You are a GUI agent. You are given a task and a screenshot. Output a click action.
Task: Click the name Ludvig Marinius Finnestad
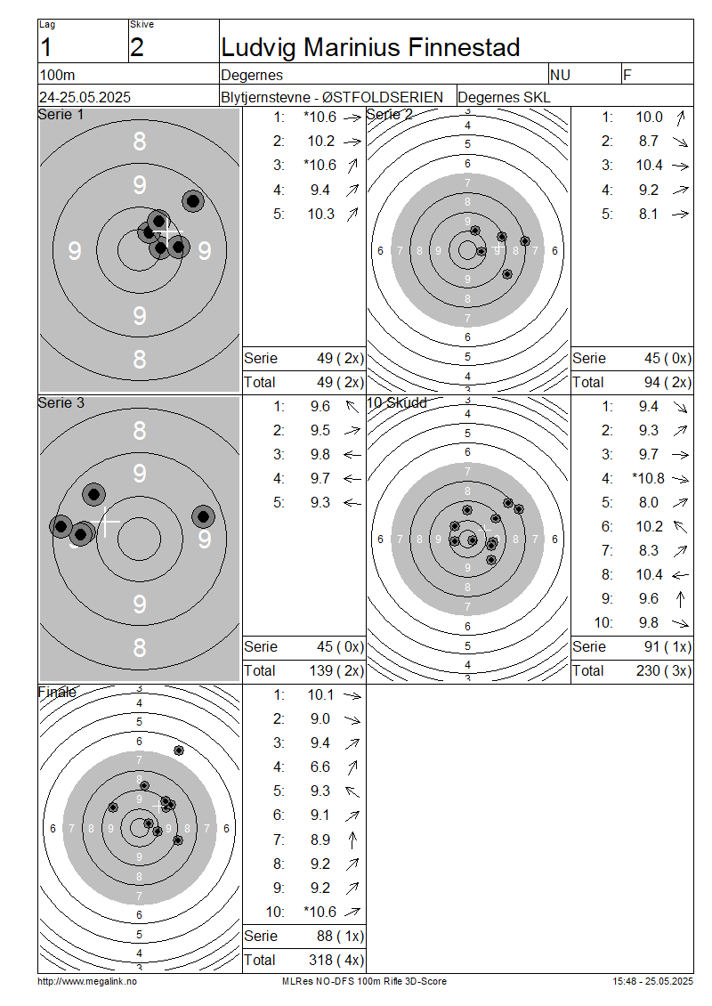[x=370, y=47]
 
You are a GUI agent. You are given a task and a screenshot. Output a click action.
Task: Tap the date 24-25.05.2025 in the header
[x=85, y=97]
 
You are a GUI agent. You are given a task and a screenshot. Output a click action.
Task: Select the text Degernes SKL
[x=504, y=97]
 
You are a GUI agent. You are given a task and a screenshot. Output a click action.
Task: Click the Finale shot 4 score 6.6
[x=320, y=767]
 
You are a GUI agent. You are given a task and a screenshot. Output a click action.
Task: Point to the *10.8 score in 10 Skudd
[x=648, y=478]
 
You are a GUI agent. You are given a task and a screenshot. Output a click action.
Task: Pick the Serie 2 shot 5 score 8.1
[x=649, y=214]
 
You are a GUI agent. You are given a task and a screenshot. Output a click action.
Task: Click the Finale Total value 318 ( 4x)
[x=336, y=960]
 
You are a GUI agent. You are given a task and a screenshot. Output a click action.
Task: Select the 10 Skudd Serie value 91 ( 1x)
[x=667, y=646]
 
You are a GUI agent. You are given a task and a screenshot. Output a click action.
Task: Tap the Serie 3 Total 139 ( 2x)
[x=336, y=670]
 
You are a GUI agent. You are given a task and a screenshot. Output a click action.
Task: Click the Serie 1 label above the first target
[x=61, y=114]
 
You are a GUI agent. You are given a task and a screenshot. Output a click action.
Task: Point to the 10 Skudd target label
[x=396, y=402]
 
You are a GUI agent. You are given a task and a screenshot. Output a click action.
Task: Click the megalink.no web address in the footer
[x=87, y=981]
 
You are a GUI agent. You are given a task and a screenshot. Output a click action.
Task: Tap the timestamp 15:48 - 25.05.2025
[x=652, y=981]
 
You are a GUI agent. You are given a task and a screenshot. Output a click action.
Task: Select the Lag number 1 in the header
[x=45, y=47]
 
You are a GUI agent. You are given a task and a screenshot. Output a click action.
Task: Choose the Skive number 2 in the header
[x=137, y=47]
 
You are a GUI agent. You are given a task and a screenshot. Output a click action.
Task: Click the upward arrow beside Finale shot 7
[x=352, y=840]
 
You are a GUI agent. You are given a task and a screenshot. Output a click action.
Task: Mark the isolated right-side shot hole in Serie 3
[x=203, y=515]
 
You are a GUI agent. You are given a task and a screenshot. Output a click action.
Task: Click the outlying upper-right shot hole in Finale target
[x=179, y=750]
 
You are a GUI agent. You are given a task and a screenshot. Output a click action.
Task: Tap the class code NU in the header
[x=560, y=75]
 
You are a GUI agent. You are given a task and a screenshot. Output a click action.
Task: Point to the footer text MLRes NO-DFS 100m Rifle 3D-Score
[x=364, y=981]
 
